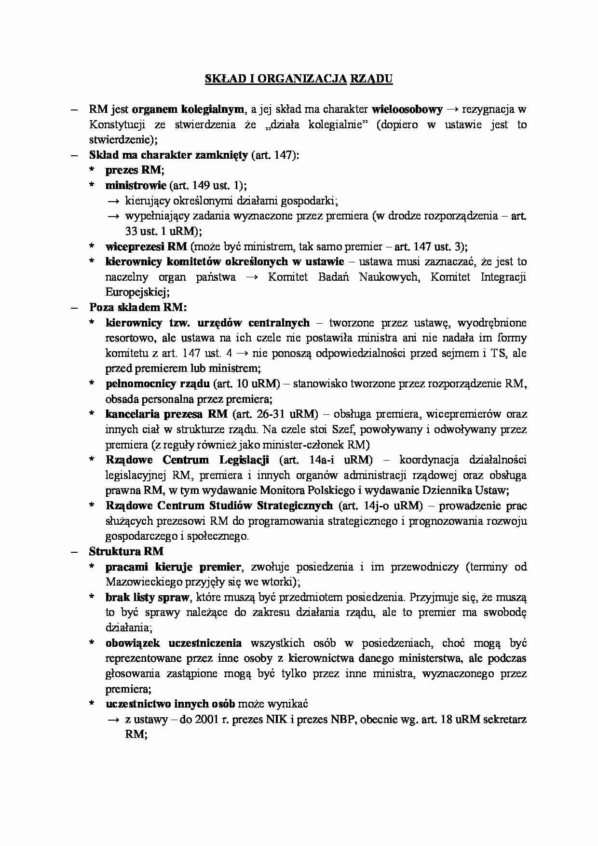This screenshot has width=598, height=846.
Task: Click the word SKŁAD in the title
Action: (x=217, y=79)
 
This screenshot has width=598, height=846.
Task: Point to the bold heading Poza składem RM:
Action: (x=138, y=307)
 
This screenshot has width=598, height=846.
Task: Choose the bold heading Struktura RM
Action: (x=126, y=551)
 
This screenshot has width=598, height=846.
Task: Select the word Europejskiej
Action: (x=137, y=292)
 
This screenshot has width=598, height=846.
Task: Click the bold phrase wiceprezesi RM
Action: (x=146, y=246)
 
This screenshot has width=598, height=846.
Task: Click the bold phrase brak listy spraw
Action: (x=147, y=597)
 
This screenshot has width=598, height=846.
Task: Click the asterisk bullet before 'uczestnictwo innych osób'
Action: (x=92, y=704)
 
